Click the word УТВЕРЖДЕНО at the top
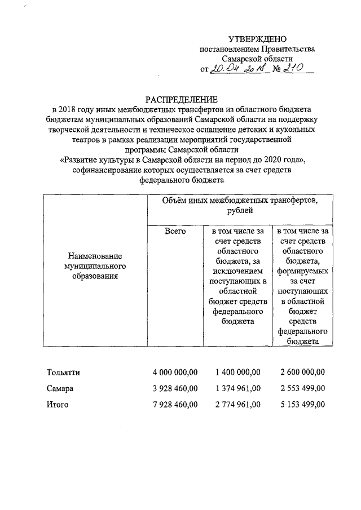(x=257, y=39)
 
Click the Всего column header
(x=175, y=230)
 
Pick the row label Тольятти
(x=63, y=372)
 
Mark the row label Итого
(x=58, y=404)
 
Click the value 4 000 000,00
(x=175, y=372)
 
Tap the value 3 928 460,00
(x=175, y=388)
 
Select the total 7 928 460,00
(x=175, y=404)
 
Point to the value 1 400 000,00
(x=237, y=372)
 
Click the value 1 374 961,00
(x=237, y=388)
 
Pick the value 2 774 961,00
(x=237, y=404)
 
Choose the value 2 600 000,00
(x=302, y=372)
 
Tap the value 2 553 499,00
(x=302, y=388)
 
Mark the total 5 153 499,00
(x=302, y=404)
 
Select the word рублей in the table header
(x=240, y=210)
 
